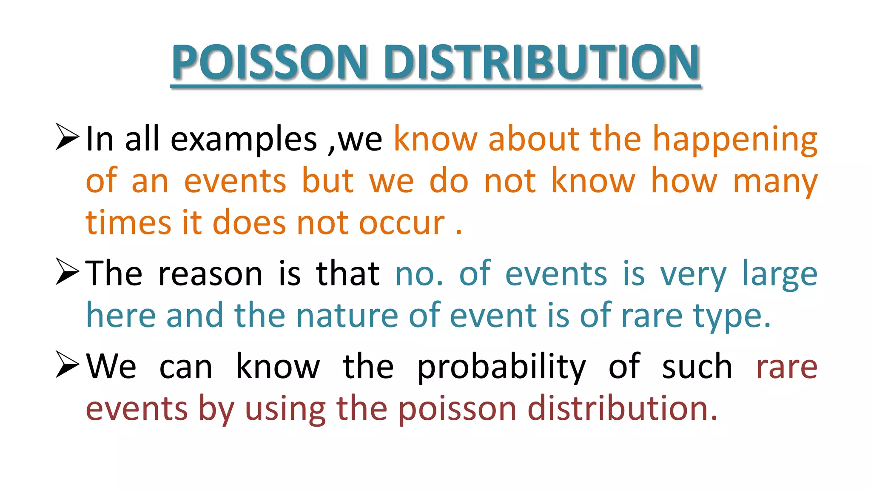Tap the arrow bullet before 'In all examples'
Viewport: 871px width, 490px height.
(67, 137)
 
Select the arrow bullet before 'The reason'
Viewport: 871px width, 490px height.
(67, 272)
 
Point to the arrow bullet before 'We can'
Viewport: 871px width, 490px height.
(67, 365)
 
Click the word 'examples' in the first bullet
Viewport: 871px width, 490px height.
(244, 140)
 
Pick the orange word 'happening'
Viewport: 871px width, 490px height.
(735, 140)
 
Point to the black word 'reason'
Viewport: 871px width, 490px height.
(210, 274)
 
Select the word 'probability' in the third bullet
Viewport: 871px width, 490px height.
(501, 367)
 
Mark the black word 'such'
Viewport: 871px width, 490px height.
(697, 367)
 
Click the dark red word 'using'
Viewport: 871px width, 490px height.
(285, 409)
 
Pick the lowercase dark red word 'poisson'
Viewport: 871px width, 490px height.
(457, 409)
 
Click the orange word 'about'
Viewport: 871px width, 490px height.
(534, 140)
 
